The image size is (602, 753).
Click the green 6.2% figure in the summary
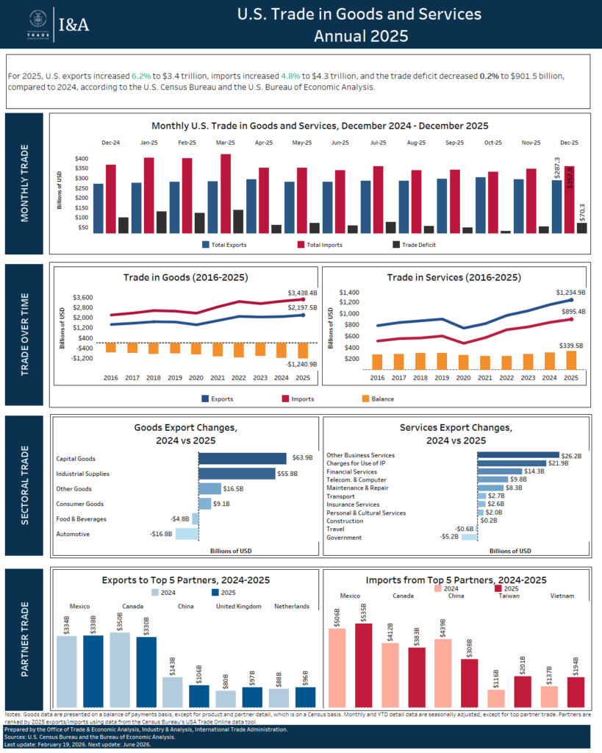tap(140, 76)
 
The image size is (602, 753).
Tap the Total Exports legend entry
tap(226, 244)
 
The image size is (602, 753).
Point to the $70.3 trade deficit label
tap(583, 213)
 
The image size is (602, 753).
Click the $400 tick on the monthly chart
tap(82, 159)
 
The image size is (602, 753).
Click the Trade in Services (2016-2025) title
tap(454, 278)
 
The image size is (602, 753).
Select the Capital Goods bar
tap(243, 458)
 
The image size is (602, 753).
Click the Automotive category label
tap(73, 534)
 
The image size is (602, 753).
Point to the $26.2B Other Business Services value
tap(571, 455)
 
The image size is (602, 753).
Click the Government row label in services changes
tap(343, 538)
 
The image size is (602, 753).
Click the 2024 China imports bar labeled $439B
tap(443, 673)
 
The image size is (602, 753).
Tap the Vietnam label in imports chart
tap(562, 596)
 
